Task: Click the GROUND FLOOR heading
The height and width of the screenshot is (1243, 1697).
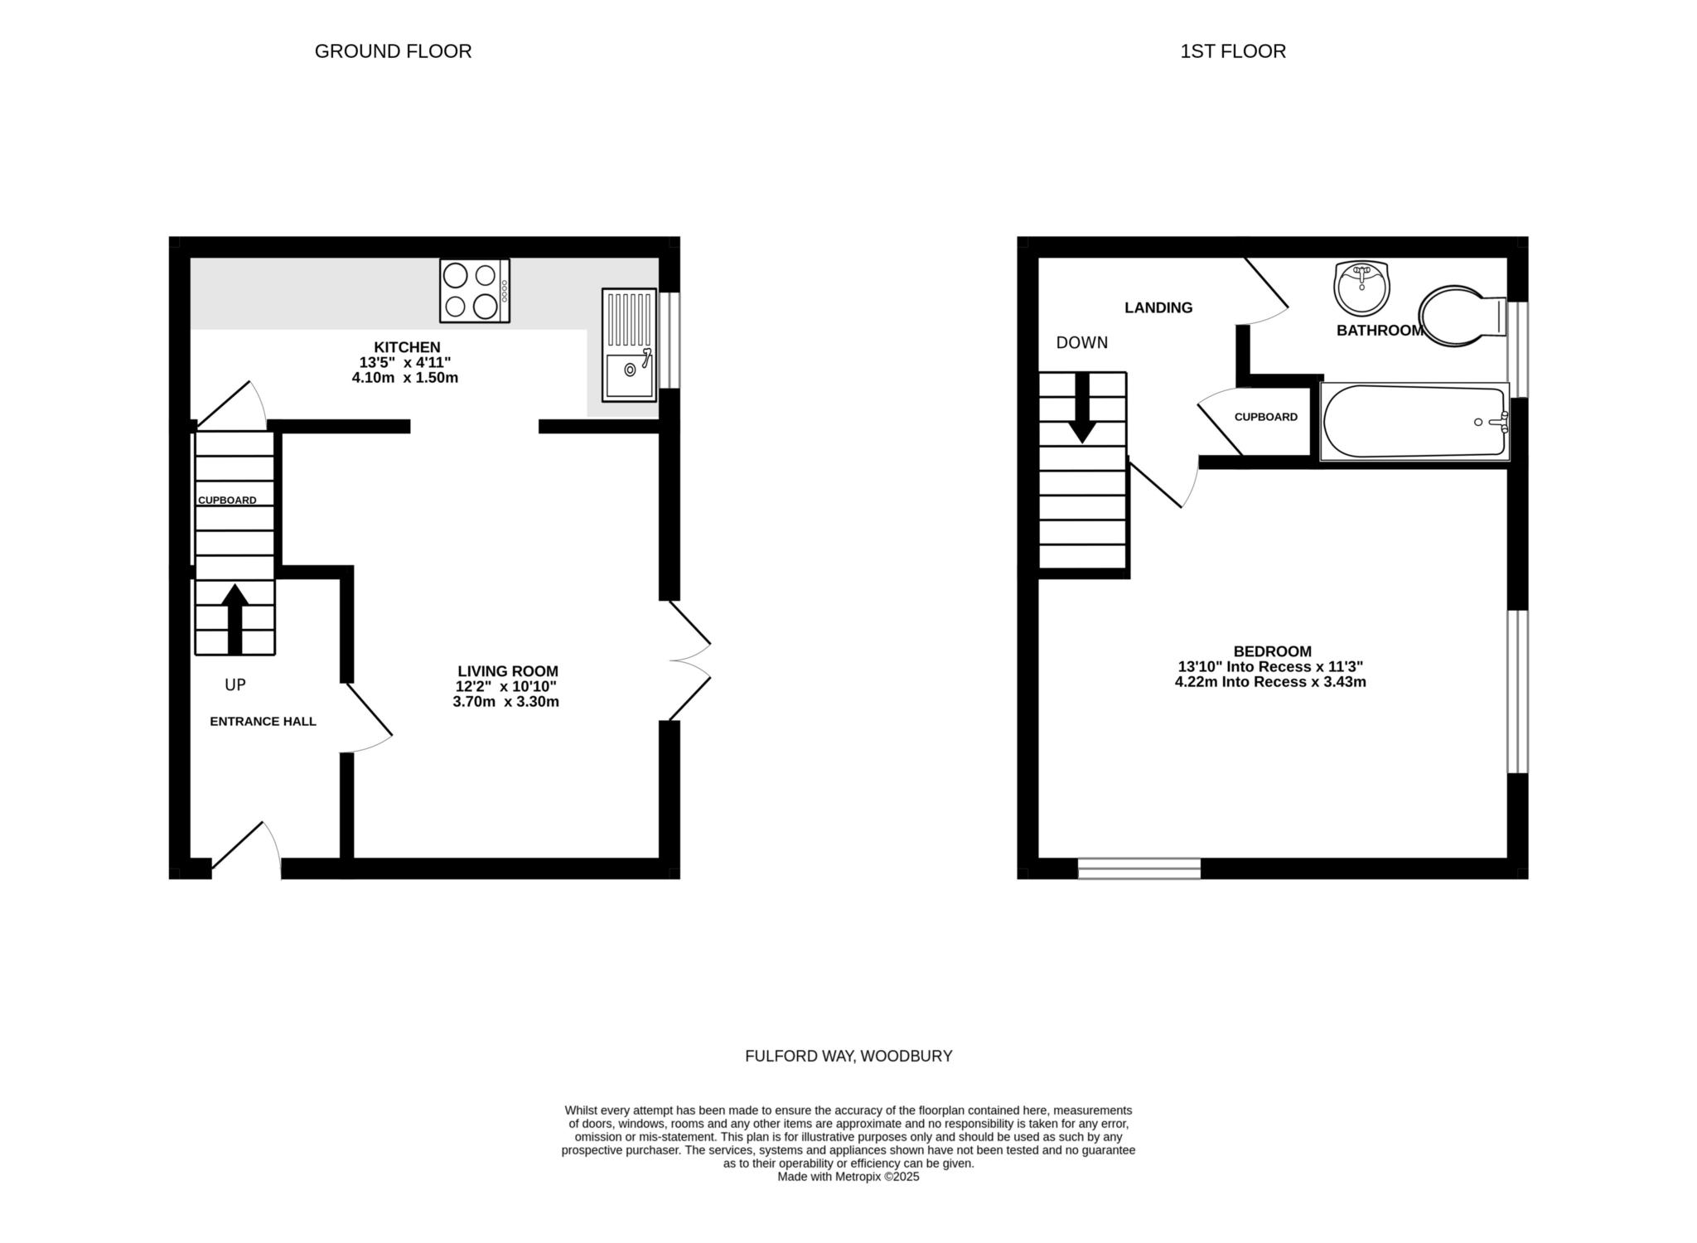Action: (x=393, y=51)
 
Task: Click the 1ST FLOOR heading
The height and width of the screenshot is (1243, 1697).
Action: (x=1232, y=51)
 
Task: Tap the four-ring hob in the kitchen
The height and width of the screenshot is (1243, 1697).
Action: (x=475, y=291)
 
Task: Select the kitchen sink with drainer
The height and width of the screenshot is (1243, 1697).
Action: (x=629, y=346)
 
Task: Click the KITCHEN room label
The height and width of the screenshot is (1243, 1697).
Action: (x=407, y=347)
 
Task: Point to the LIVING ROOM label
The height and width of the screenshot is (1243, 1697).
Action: (x=508, y=671)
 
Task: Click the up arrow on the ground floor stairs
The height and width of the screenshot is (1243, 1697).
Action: (x=235, y=618)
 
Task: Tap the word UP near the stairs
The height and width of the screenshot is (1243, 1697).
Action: (x=235, y=685)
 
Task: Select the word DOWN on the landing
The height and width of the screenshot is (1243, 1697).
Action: (x=1081, y=343)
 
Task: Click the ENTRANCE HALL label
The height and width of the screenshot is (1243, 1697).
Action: (x=263, y=722)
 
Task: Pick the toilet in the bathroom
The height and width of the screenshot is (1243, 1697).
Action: (x=1460, y=316)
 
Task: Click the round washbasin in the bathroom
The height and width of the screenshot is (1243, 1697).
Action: (x=1361, y=288)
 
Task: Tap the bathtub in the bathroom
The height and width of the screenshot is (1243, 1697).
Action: (x=1414, y=421)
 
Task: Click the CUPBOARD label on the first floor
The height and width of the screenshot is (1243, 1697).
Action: (x=1265, y=417)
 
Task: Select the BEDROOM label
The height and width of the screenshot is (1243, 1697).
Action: (x=1272, y=651)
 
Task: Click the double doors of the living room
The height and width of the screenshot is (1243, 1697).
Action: (x=689, y=661)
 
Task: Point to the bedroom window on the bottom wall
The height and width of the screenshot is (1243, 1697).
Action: (x=1139, y=868)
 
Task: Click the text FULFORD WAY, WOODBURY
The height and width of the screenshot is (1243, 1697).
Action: (x=848, y=1057)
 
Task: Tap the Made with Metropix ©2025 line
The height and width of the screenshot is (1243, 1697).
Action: (x=848, y=1177)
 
